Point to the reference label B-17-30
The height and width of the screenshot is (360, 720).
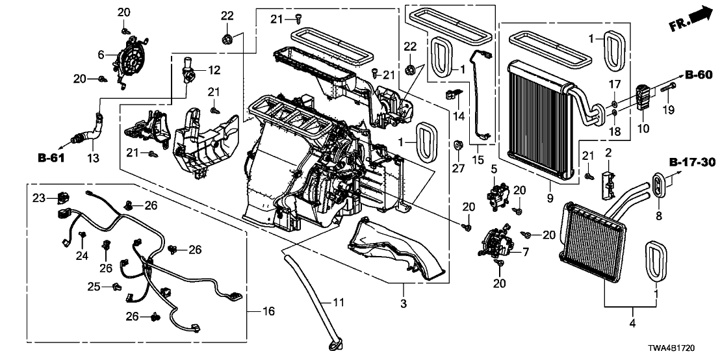coord(691,162)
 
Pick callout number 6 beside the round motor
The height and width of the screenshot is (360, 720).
coord(101,55)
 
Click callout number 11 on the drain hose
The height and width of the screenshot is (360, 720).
coord(337,302)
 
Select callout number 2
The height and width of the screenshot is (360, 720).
coord(608,153)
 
